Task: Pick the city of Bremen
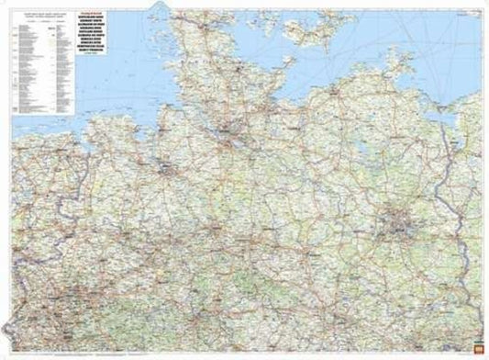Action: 166,169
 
